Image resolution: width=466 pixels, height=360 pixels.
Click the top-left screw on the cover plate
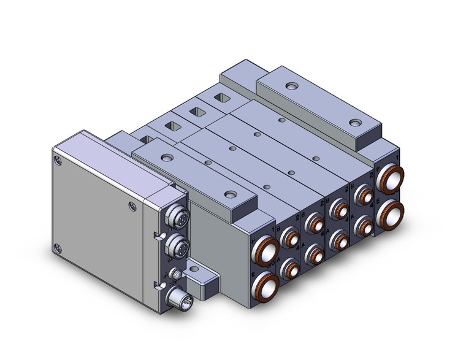[58, 161]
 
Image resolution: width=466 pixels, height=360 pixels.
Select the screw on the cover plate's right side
[130, 207]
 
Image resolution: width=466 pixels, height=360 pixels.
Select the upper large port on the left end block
[266, 250]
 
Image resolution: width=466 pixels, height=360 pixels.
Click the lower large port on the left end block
[266, 283]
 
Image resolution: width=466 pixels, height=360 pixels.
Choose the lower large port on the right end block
[391, 212]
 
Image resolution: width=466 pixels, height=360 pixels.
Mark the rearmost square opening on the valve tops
[218, 98]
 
